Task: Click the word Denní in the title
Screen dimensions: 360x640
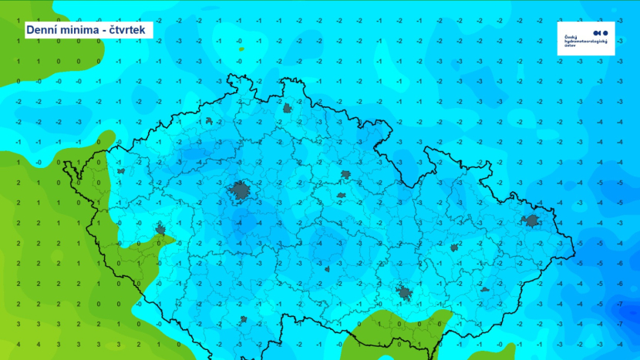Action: pyautogui.click(x=43, y=30)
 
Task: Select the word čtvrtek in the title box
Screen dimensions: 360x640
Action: pyautogui.click(x=129, y=30)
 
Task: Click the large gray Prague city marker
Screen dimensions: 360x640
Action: pyautogui.click(x=241, y=191)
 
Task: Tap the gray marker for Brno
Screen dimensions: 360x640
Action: pyautogui.click(x=403, y=292)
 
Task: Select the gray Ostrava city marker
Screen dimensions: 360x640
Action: pyautogui.click(x=531, y=221)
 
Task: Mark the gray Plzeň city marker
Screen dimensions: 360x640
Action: pyautogui.click(x=160, y=229)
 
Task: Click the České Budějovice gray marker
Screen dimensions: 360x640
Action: pyautogui.click(x=243, y=318)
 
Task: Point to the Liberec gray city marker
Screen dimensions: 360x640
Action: pyautogui.click(x=288, y=109)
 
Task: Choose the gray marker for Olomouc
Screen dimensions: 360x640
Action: pyautogui.click(x=455, y=247)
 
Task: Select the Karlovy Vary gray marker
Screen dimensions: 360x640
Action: pyautogui.click(x=120, y=171)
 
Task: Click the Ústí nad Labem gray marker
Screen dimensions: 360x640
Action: pyautogui.click(x=209, y=121)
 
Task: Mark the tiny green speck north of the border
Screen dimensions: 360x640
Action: pyautogui.click(x=241, y=49)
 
